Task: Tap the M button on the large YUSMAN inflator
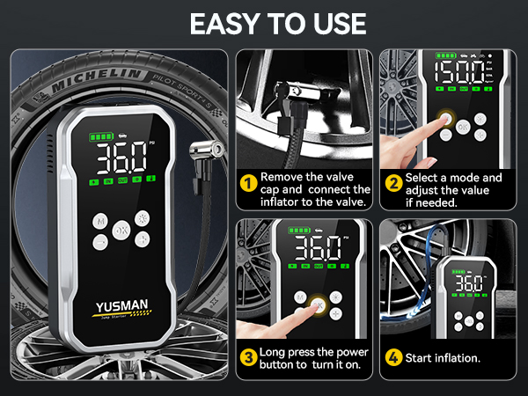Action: (x=101, y=221)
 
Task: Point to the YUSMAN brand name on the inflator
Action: (x=123, y=308)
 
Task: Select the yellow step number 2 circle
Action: (x=392, y=184)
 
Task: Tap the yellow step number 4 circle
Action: (x=392, y=357)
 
